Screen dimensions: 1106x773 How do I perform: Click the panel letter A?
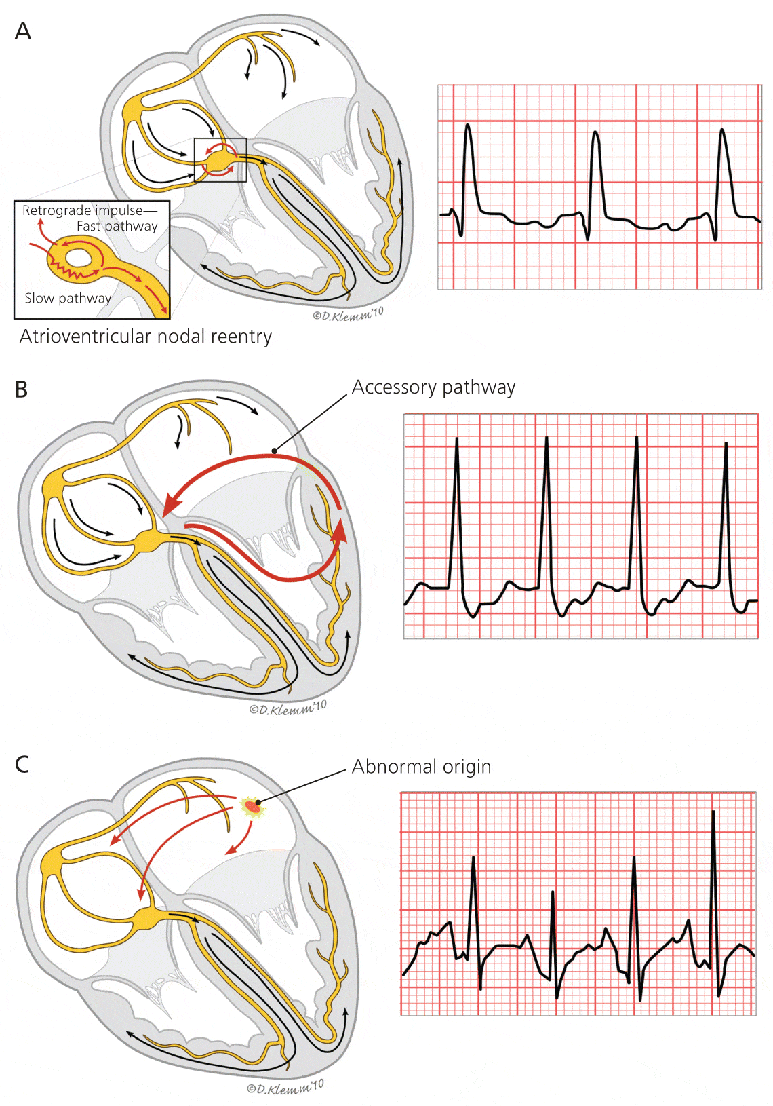(x=23, y=31)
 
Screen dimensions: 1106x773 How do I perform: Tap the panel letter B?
(x=22, y=389)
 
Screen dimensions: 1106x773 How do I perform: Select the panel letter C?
(x=22, y=765)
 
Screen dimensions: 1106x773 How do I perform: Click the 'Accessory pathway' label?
(x=433, y=387)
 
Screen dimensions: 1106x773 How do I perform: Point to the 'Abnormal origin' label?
(x=421, y=767)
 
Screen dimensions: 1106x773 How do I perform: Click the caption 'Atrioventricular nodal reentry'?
(x=146, y=337)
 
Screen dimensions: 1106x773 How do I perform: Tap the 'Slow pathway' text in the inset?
(x=68, y=298)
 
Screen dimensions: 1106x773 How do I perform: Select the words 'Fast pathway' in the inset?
(x=117, y=226)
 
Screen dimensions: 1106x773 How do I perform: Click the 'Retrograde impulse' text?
(x=83, y=210)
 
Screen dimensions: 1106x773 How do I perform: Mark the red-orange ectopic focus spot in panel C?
(x=252, y=807)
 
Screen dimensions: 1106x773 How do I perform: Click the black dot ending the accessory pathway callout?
(x=274, y=450)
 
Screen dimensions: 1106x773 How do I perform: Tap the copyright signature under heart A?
(x=348, y=314)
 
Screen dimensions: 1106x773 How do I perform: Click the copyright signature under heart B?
(x=288, y=708)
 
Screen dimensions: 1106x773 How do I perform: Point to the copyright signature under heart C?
(x=285, y=1087)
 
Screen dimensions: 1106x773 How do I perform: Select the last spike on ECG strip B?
(x=726, y=444)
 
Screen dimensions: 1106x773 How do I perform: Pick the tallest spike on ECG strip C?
(x=713, y=812)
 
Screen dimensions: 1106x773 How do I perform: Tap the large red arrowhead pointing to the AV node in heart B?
(x=172, y=506)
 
